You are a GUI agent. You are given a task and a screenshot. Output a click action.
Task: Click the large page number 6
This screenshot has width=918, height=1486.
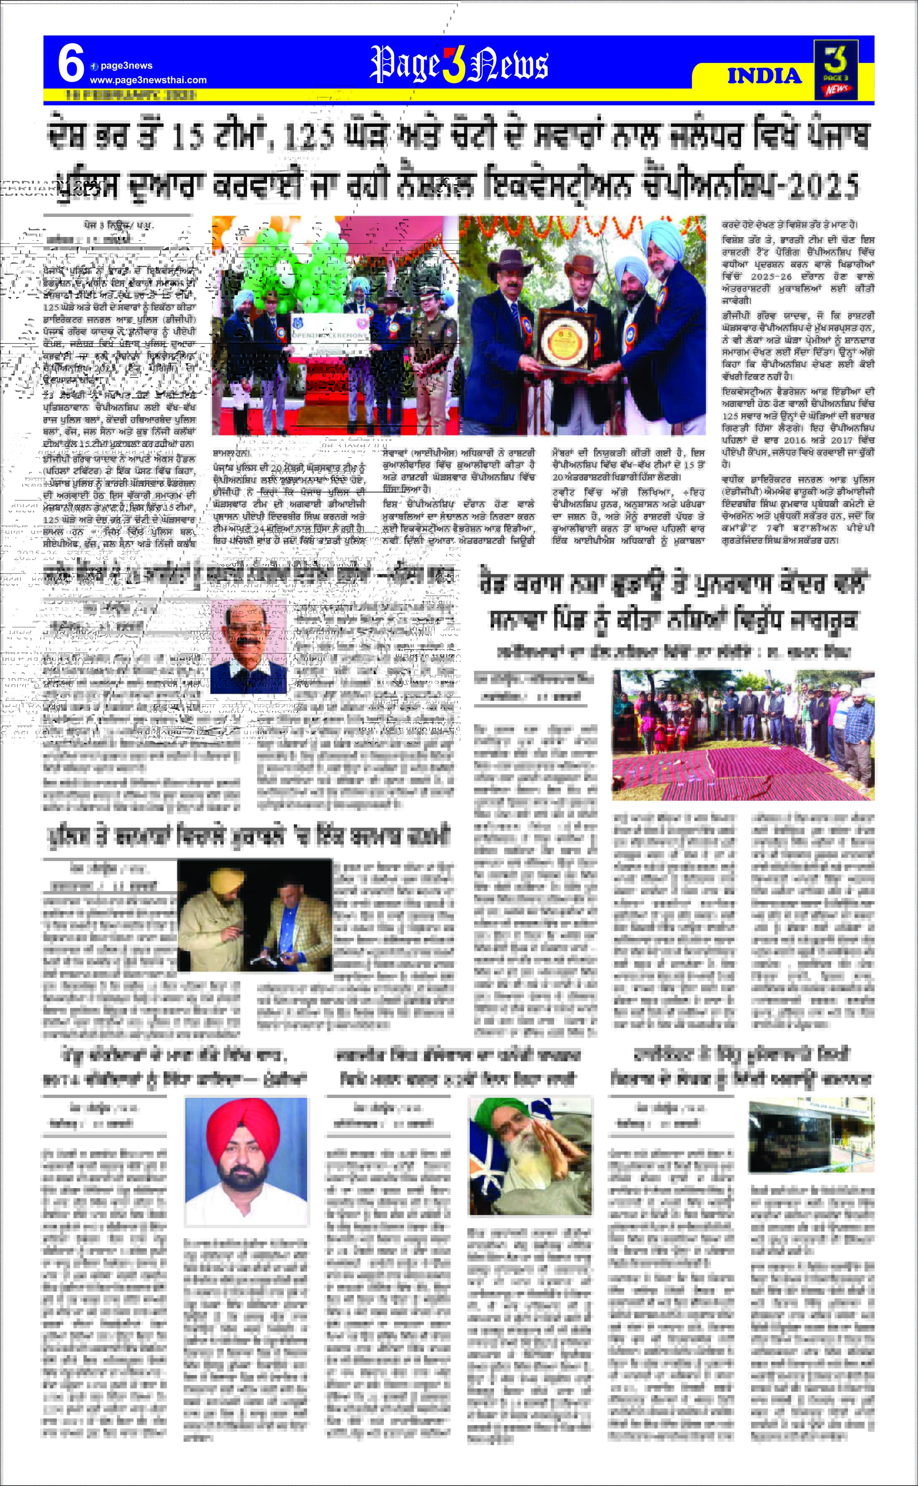(71, 64)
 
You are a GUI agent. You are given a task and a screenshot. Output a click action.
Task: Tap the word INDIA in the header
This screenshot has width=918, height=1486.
(764, 76)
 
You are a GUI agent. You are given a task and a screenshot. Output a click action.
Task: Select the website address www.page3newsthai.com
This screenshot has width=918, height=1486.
(148, 80)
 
